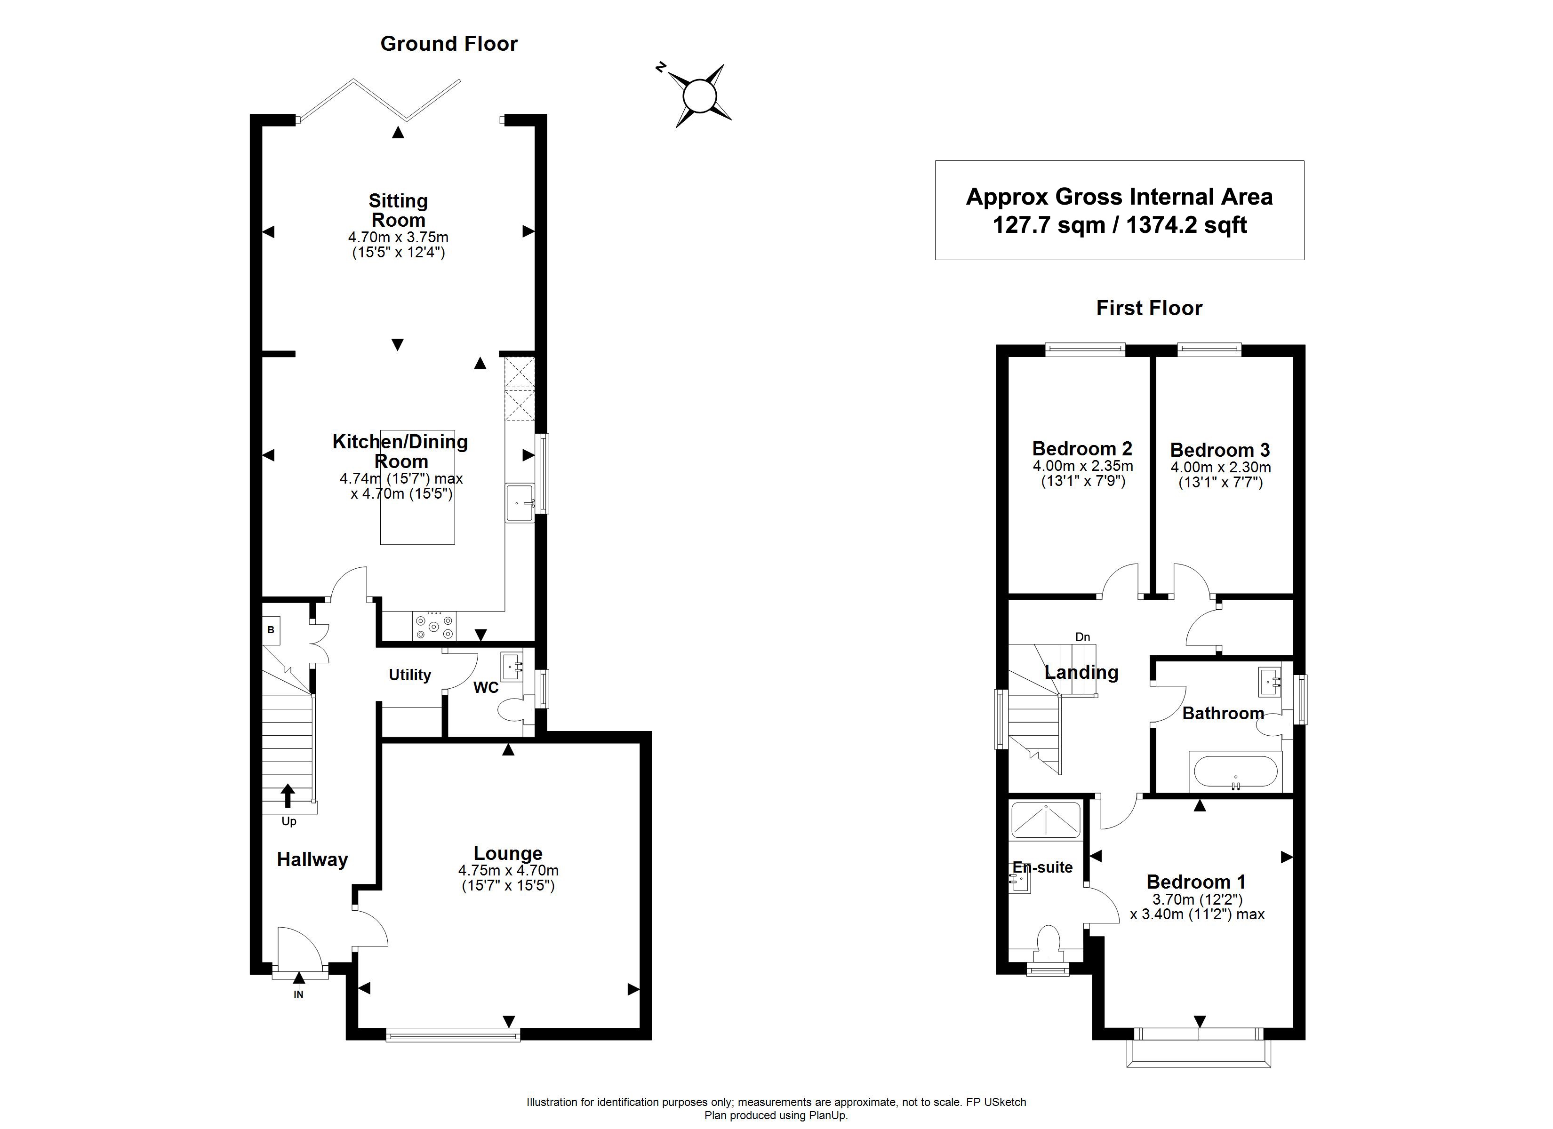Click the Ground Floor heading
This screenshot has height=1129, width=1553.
coord(448,44)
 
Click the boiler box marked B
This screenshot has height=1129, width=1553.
coord(271,630)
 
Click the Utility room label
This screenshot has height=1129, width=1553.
coord(409,675)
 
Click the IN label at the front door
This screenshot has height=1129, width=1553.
coord(298,994)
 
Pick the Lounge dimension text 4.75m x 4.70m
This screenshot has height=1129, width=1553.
coord(508,871)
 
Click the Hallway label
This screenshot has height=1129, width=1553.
coord(312,859)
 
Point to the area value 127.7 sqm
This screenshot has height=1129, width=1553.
coord(1049,225)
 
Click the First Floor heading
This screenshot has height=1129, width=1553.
coord(1149,308)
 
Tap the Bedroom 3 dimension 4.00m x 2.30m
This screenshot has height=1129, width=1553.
coord(1220,468)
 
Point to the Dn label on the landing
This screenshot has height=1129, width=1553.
coord(1082,637)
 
